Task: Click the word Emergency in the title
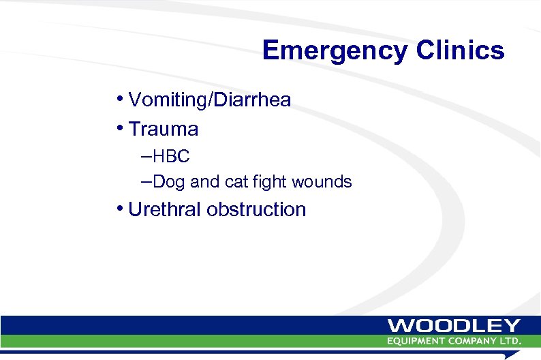click(x=333, y=51)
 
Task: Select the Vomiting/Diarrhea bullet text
click(x=209, y=100)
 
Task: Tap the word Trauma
click(x=163, y=129)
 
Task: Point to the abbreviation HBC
click(x=171, y=157)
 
